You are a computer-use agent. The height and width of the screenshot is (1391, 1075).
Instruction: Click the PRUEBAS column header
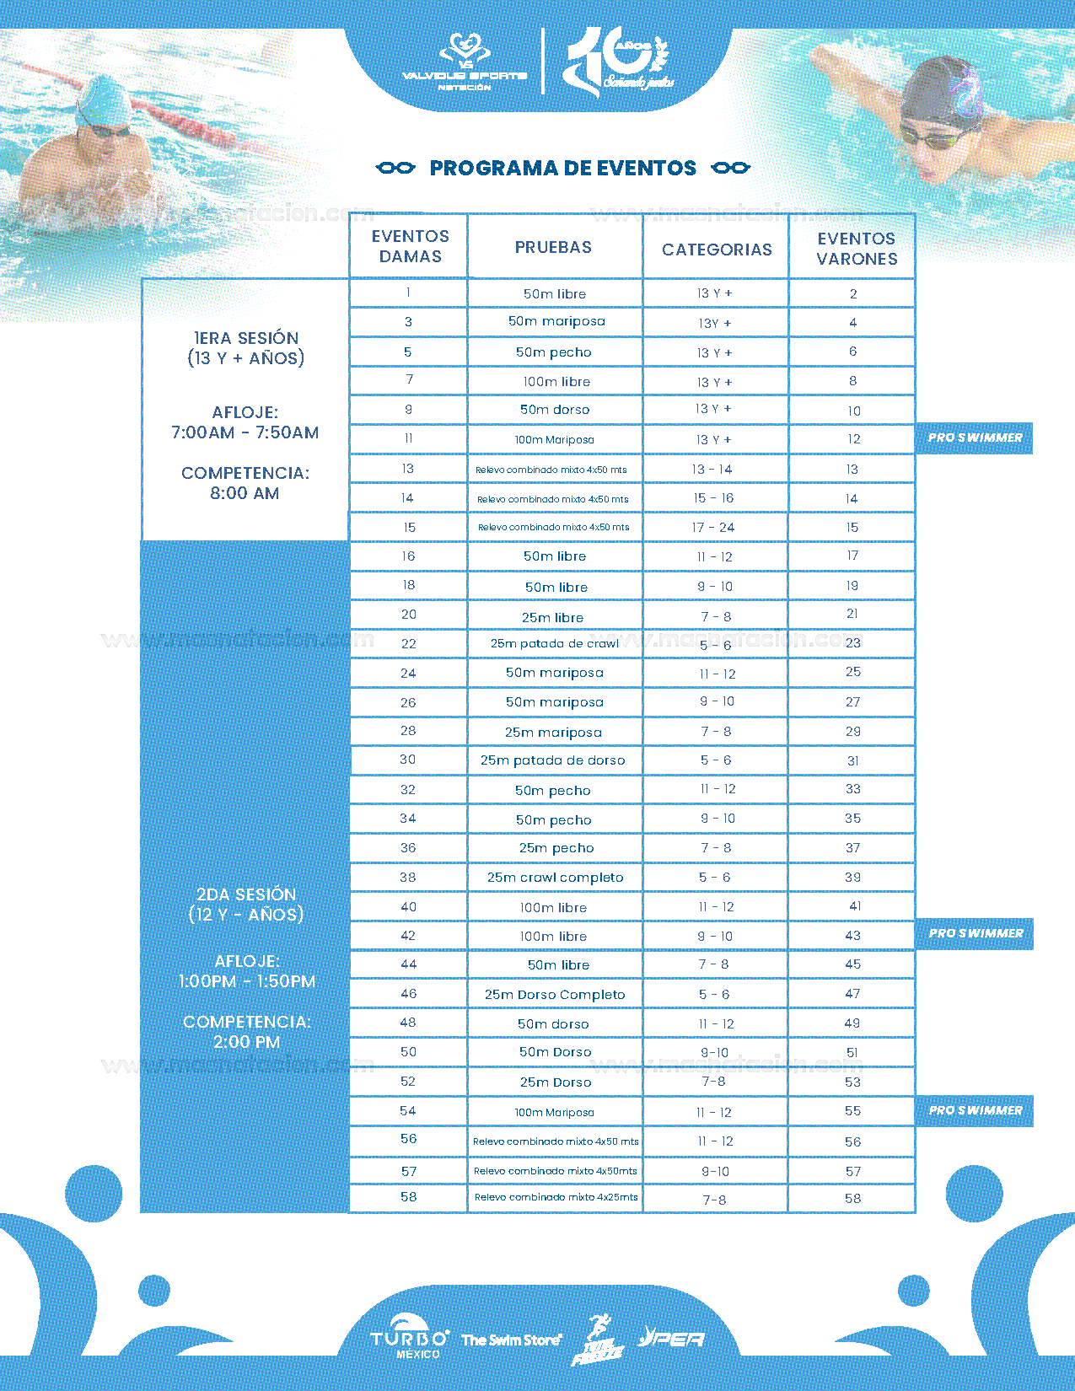553,247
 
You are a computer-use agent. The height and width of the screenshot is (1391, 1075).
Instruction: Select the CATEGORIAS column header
717,250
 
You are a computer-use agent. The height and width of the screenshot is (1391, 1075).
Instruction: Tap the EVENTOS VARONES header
857,249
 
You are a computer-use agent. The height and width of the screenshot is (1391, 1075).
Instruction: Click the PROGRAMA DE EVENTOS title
562,168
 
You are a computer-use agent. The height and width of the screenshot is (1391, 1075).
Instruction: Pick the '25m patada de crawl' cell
555,643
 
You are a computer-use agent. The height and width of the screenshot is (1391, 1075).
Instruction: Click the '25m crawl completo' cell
555,878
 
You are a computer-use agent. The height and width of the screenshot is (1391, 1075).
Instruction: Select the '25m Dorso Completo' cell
555,995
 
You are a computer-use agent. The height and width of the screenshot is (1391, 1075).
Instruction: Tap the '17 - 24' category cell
713,528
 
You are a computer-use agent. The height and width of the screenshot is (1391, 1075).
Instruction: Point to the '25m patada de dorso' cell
553,760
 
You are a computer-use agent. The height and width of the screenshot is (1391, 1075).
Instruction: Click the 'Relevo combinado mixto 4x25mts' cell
556,1197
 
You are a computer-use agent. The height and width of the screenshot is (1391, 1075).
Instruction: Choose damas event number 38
408,878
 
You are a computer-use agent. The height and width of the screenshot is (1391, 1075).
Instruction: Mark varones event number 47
852,995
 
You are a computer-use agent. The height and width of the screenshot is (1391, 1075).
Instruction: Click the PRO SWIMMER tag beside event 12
975,438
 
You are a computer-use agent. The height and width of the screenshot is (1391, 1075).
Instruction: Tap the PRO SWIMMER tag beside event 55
976,1110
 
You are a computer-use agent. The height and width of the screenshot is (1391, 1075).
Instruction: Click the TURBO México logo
410,1340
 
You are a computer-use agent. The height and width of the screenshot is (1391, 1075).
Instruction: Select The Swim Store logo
511,1340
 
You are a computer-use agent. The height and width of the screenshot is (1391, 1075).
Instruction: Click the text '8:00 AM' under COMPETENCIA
245,494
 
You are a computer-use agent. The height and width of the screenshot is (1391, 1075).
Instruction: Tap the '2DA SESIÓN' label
246,894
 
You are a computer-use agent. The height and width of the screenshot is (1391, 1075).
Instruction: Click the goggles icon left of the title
395,168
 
